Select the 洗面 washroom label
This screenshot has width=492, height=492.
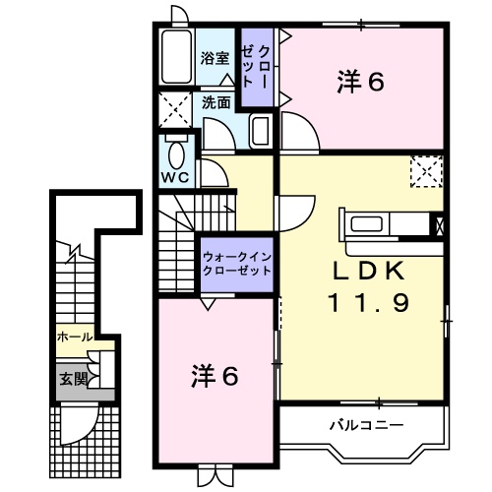[x=216, y=101]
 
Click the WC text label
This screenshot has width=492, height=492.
[x=175, y=178]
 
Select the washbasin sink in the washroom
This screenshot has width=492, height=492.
[x=261, y=131]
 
